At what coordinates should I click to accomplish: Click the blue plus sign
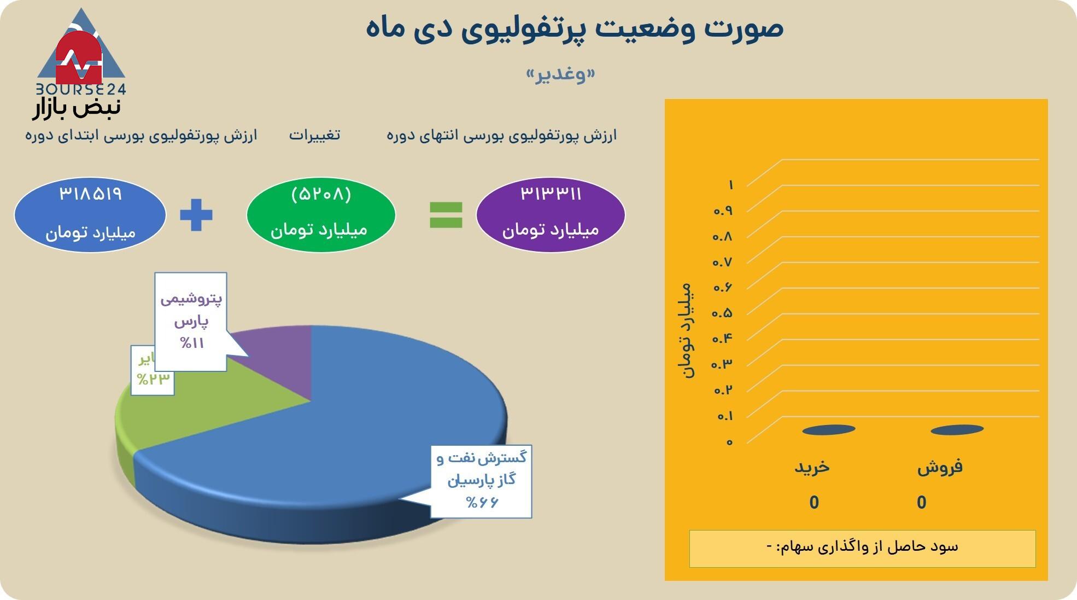(196, 214)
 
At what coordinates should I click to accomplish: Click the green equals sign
(446, 214)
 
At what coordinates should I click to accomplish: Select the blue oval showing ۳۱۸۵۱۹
(90, 214)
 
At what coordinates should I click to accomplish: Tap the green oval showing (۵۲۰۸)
(321, 214)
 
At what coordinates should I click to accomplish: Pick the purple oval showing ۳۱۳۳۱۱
(551, 214)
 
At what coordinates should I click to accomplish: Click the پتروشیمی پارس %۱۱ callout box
(191, 322)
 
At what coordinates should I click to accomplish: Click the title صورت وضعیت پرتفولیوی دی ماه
(574, 27)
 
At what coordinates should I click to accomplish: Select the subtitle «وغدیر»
(560, 75)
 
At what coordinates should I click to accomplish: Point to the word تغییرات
(314, 135)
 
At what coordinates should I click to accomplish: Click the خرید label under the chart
(812, 467)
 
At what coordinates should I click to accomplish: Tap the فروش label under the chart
(940, 467)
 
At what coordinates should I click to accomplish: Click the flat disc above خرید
(828, 430)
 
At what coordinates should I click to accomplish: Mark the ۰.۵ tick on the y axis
(722, 313)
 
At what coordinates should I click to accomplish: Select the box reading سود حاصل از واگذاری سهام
(862, 548)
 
